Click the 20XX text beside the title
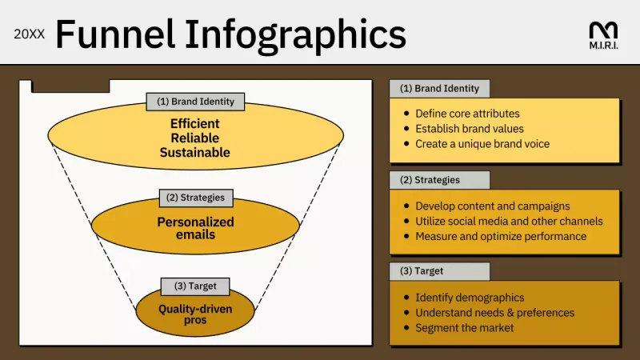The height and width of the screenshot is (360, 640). click(x=30, y=36)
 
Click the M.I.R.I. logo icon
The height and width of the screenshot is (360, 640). click(x=602, y=30)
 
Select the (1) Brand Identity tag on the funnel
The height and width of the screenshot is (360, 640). click(x=195, y=102)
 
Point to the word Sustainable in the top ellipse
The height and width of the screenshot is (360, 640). click(x=194, y=152)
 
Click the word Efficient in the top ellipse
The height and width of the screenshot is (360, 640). click(x=194, y=124)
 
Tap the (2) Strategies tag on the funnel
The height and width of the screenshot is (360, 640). click(x=195, y=197)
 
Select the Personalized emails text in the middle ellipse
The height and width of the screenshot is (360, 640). click(x=195, y=228)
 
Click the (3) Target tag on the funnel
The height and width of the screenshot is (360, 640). click(x=194, y=286)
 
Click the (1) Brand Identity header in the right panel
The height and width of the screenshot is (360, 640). click(x=439, y=89)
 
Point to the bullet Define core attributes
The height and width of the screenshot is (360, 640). click(x=467, y=114)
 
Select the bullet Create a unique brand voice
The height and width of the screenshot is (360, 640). click(x=482, y=144)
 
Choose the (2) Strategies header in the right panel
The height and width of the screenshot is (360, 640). click(x=439, y=180)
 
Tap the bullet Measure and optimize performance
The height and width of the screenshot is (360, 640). click(x=500, y=236)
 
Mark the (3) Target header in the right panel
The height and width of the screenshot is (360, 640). click(x=439, y=271)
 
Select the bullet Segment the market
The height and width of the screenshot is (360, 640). click(x=464, y=327)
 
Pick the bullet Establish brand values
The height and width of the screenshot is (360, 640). click(x=470, y=129)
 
